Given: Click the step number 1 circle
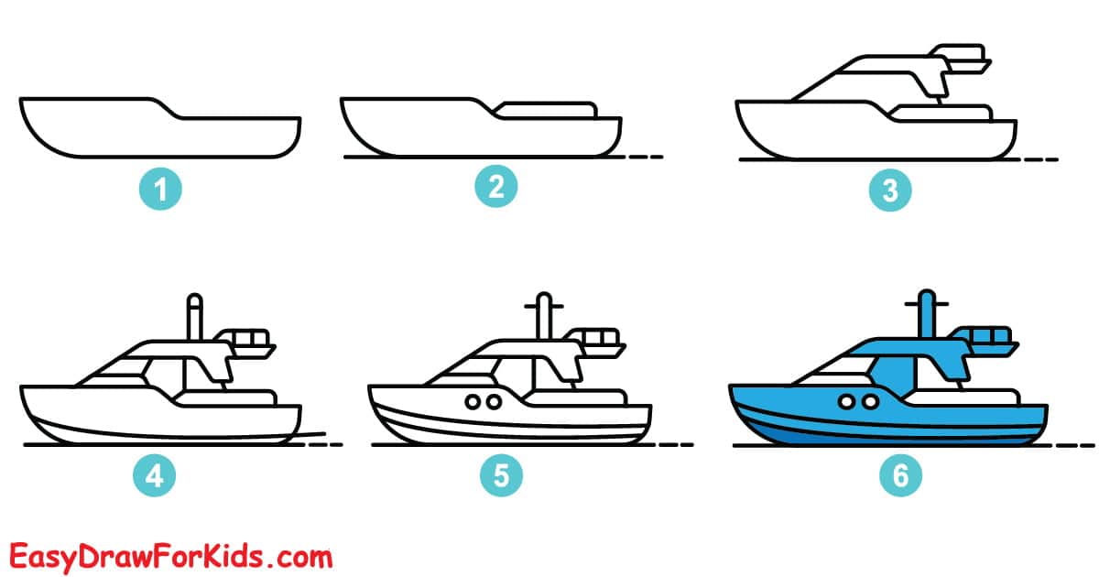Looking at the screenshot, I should coord(160,191).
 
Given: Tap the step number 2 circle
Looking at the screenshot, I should coord(496,188).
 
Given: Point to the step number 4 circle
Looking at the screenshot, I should coord(154,475).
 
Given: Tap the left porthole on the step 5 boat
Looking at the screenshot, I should coord(473,401).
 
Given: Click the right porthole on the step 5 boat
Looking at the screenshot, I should coord(494,401).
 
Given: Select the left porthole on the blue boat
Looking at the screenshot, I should coord(846,401).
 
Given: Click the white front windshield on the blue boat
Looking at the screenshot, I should coord(834,368).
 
